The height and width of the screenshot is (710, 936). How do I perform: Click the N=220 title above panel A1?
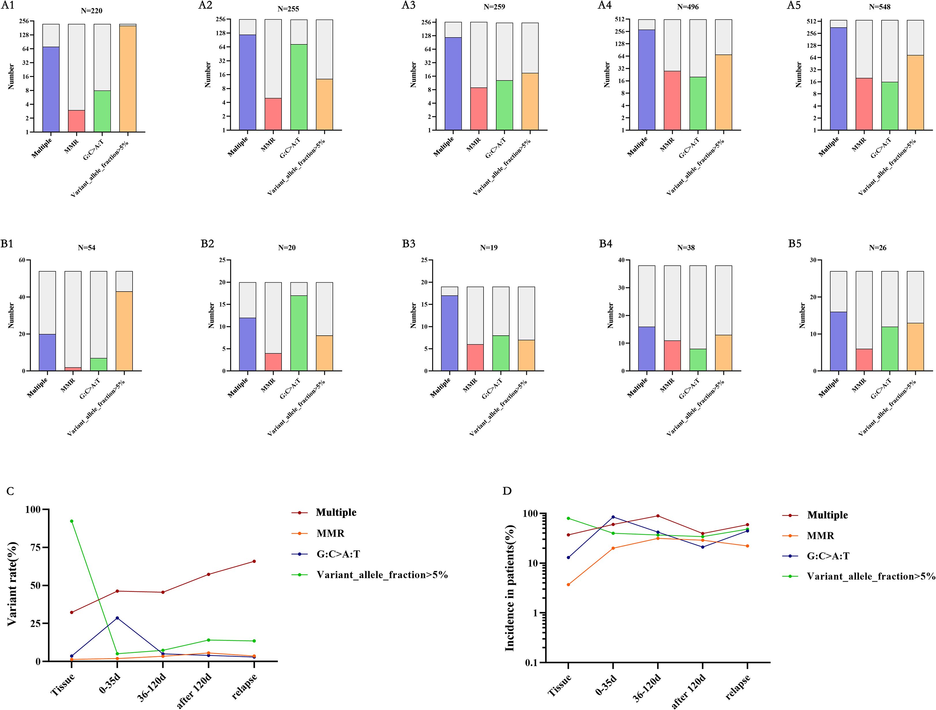click(x=91, y=11)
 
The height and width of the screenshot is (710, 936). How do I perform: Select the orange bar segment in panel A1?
click(x=127, y=79)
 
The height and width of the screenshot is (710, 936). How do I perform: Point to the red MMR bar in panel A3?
click(x=479, y=109)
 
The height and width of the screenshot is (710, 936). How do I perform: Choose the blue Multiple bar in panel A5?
click(x=838, y=79)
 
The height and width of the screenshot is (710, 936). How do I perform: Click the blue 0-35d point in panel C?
click(x=117, y=618)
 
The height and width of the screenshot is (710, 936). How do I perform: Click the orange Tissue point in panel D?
click(x=568, y=585)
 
